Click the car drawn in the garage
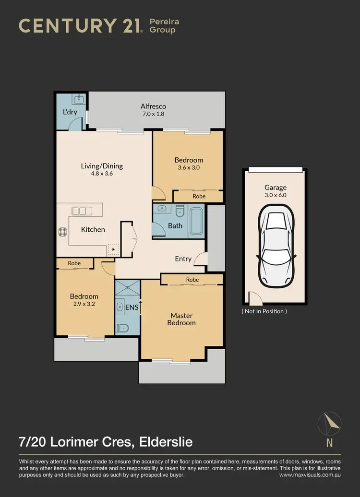click(x=275, y=245)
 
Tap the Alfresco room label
click(x=153, y=106)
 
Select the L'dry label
click(x=70, y=112)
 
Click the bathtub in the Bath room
click(x=196, y=221)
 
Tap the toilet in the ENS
click(x=123, y=328)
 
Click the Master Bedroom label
click(x=181, y=319)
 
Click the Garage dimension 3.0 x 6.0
click(x=275, y=195)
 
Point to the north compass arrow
click(x=330, y=423)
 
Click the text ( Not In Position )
click(x=264, y=311)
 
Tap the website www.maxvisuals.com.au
click(x=310, y=475)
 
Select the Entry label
click(x=183, y=259)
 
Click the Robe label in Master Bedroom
click(x=192, y=280)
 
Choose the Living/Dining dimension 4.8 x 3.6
click(x=101, y=174)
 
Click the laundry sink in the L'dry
click(x=78, y=99)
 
